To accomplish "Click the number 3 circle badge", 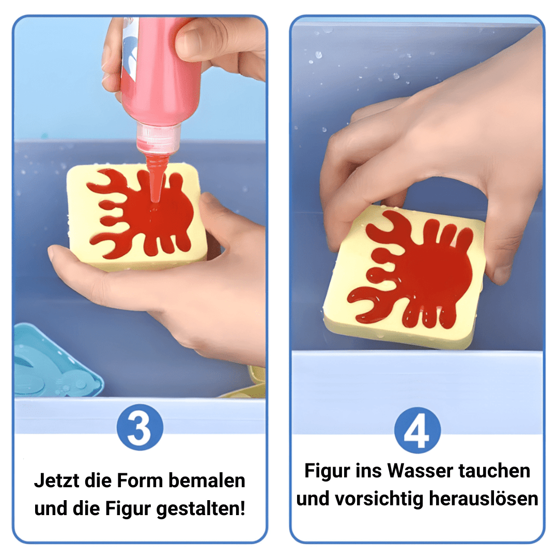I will click(x=140, y=427).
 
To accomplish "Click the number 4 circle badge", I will click(x=417, y=430).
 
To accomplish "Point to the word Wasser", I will click(x=421, y=471).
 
